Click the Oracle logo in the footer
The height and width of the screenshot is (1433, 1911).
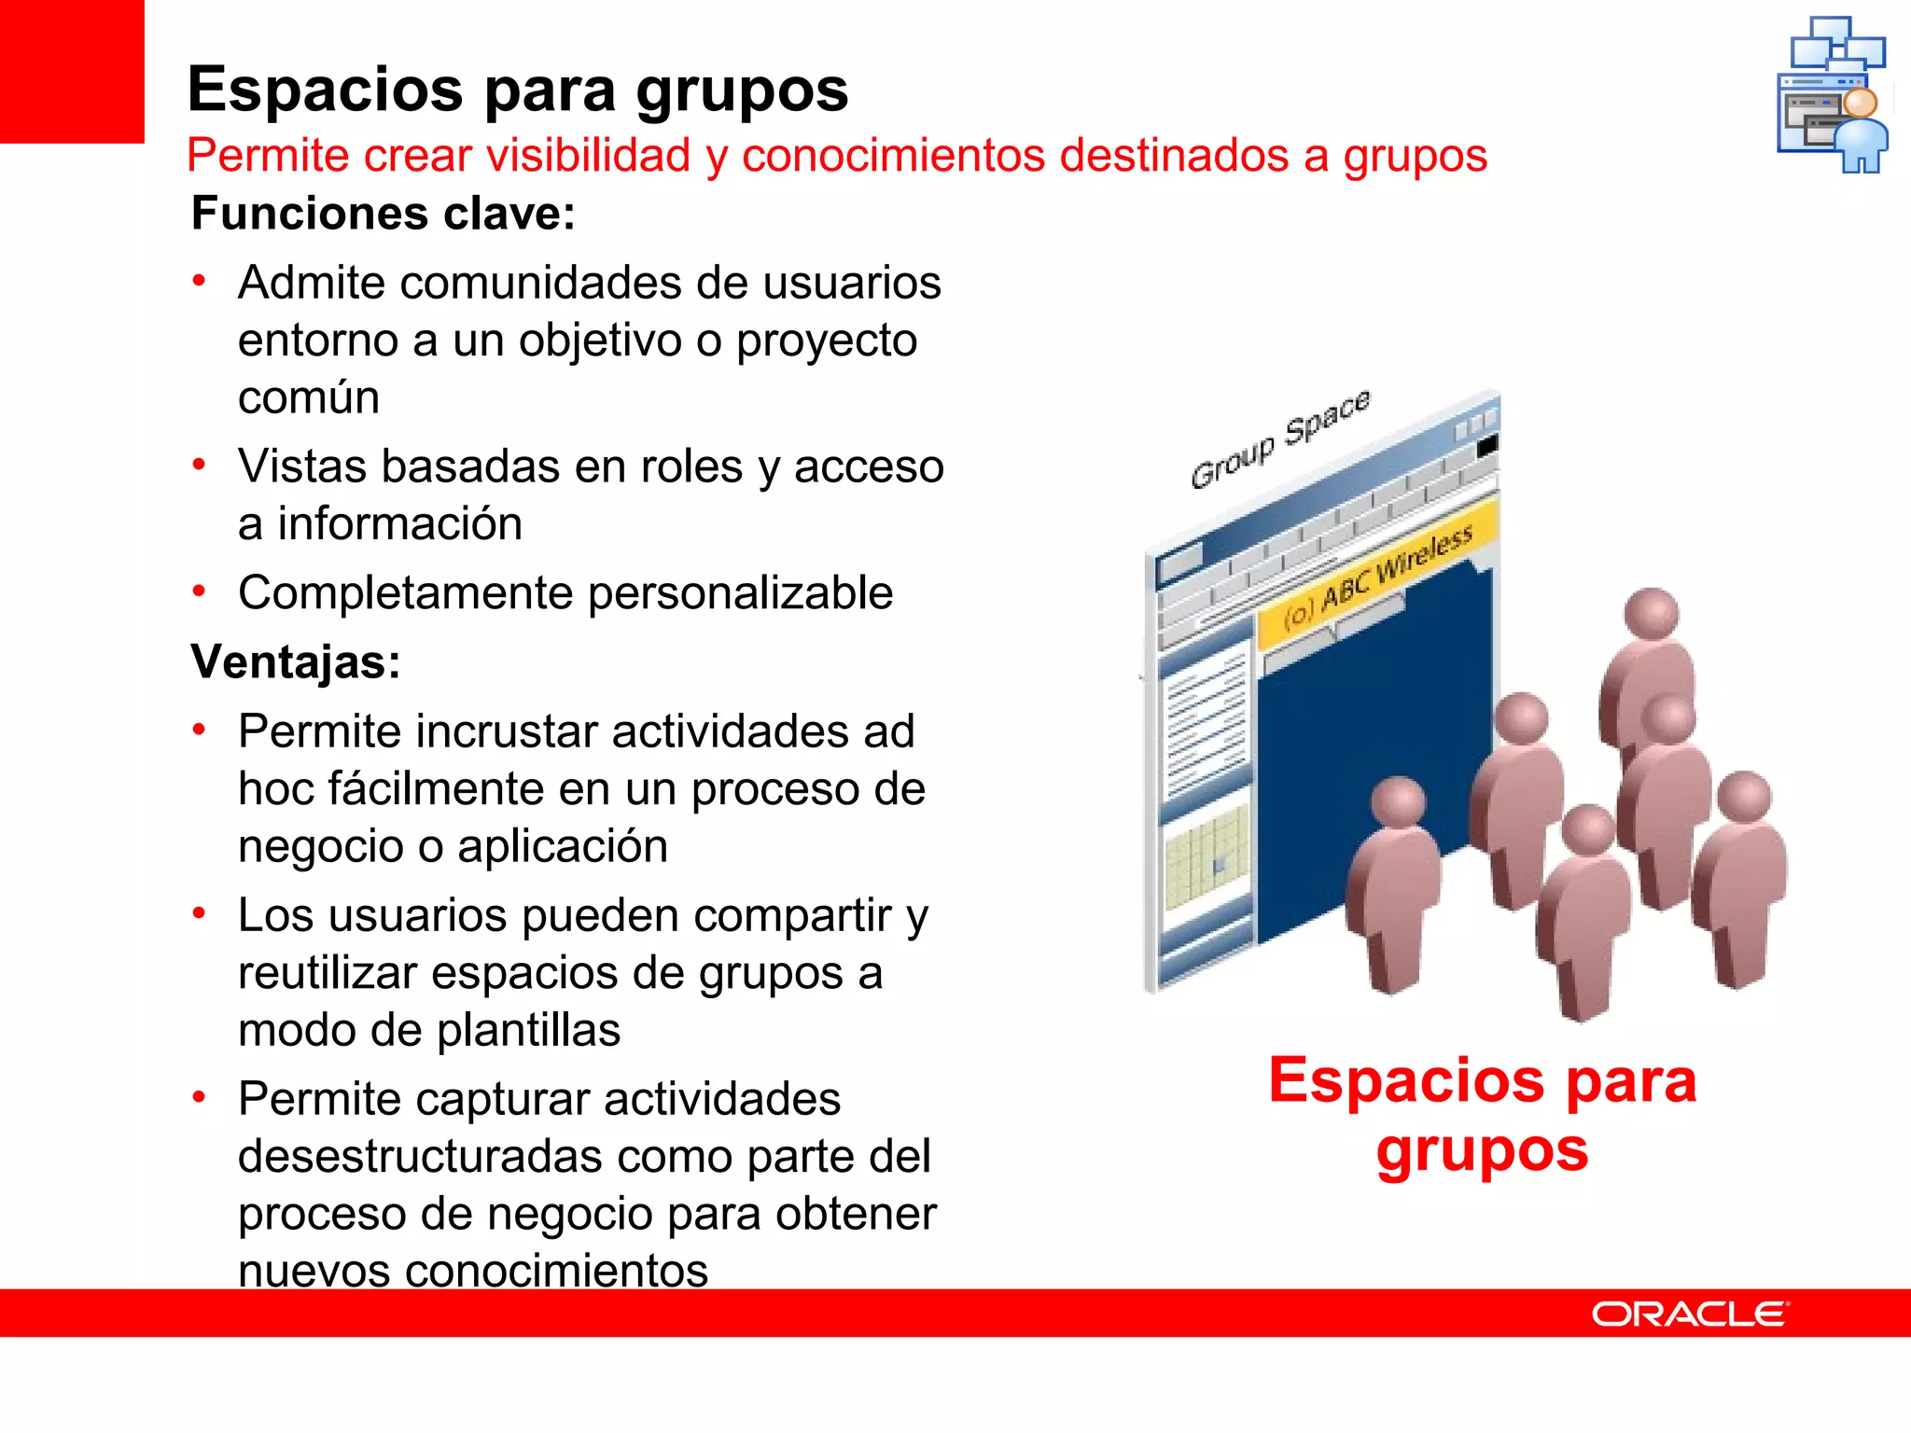point(1690,1314)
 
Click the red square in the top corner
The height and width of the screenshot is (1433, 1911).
point(72,71)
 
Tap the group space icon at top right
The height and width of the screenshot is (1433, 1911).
point(1833,94)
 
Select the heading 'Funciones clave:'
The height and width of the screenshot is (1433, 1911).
point(384,214)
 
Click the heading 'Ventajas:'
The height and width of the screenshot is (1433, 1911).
point(296,662)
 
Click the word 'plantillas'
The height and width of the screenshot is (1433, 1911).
point(528,1031)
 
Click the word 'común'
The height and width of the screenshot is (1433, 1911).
point(309,398)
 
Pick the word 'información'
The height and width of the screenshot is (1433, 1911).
point(399,524)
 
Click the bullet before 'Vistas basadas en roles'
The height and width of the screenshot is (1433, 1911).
point(199,465)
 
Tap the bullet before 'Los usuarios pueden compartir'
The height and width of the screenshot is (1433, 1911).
point(199,913)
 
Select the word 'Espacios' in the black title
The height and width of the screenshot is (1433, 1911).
point(326,90)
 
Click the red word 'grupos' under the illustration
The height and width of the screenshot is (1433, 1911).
point(1482,1150)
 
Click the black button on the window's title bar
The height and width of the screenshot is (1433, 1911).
point(1487,446)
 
